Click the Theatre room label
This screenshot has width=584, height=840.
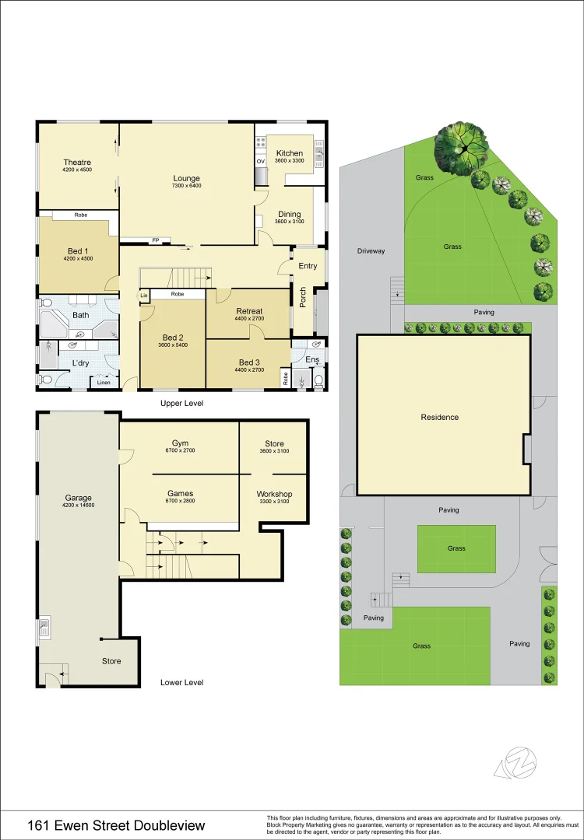click(78, 163)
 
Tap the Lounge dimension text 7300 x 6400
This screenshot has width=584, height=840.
click(187, 186)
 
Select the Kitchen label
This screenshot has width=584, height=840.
click(289, 153)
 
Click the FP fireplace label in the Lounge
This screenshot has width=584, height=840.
click(156, 240)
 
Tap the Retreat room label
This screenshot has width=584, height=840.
click(249, 311)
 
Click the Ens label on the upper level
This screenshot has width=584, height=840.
click(311, 359)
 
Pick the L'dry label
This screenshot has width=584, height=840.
click(80, 363)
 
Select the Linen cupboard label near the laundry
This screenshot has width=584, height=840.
click(103, 381)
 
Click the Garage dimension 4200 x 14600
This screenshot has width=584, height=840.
click(78, 506)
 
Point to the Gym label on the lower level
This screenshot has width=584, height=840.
click(181, 443)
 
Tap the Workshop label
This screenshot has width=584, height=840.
click(274, 494)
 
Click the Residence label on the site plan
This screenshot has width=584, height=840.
click(440, 417)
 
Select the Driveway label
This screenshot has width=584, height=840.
click(371, 251)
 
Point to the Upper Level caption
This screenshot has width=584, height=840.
click(181, 404)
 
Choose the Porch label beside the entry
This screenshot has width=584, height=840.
click(302, 296)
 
